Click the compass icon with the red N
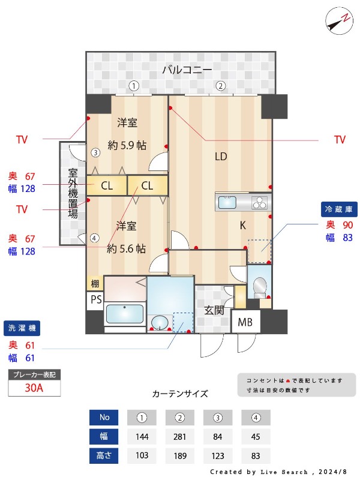coord(339,21)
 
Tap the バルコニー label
coord(187,70)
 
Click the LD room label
coord(221,157)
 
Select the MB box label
coord(245,322)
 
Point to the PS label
coord(96,299)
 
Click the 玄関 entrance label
coord(214,310)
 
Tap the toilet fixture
coord(260,287)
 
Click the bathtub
coord(125,314)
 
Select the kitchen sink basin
coord(227,202)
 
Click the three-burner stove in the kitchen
coord(260,202)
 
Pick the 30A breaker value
coord(34,388)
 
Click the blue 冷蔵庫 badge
coord(339,209)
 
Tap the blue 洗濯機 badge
coord(22,328)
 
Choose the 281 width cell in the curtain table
coord(179,437)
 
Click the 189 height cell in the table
coord(180,456)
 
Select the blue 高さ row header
coord(104,456)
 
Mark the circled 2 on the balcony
coord(220,86)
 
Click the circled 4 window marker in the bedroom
coord(95,238)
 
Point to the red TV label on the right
coord(340,140)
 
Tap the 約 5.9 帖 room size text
coord(127,145)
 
